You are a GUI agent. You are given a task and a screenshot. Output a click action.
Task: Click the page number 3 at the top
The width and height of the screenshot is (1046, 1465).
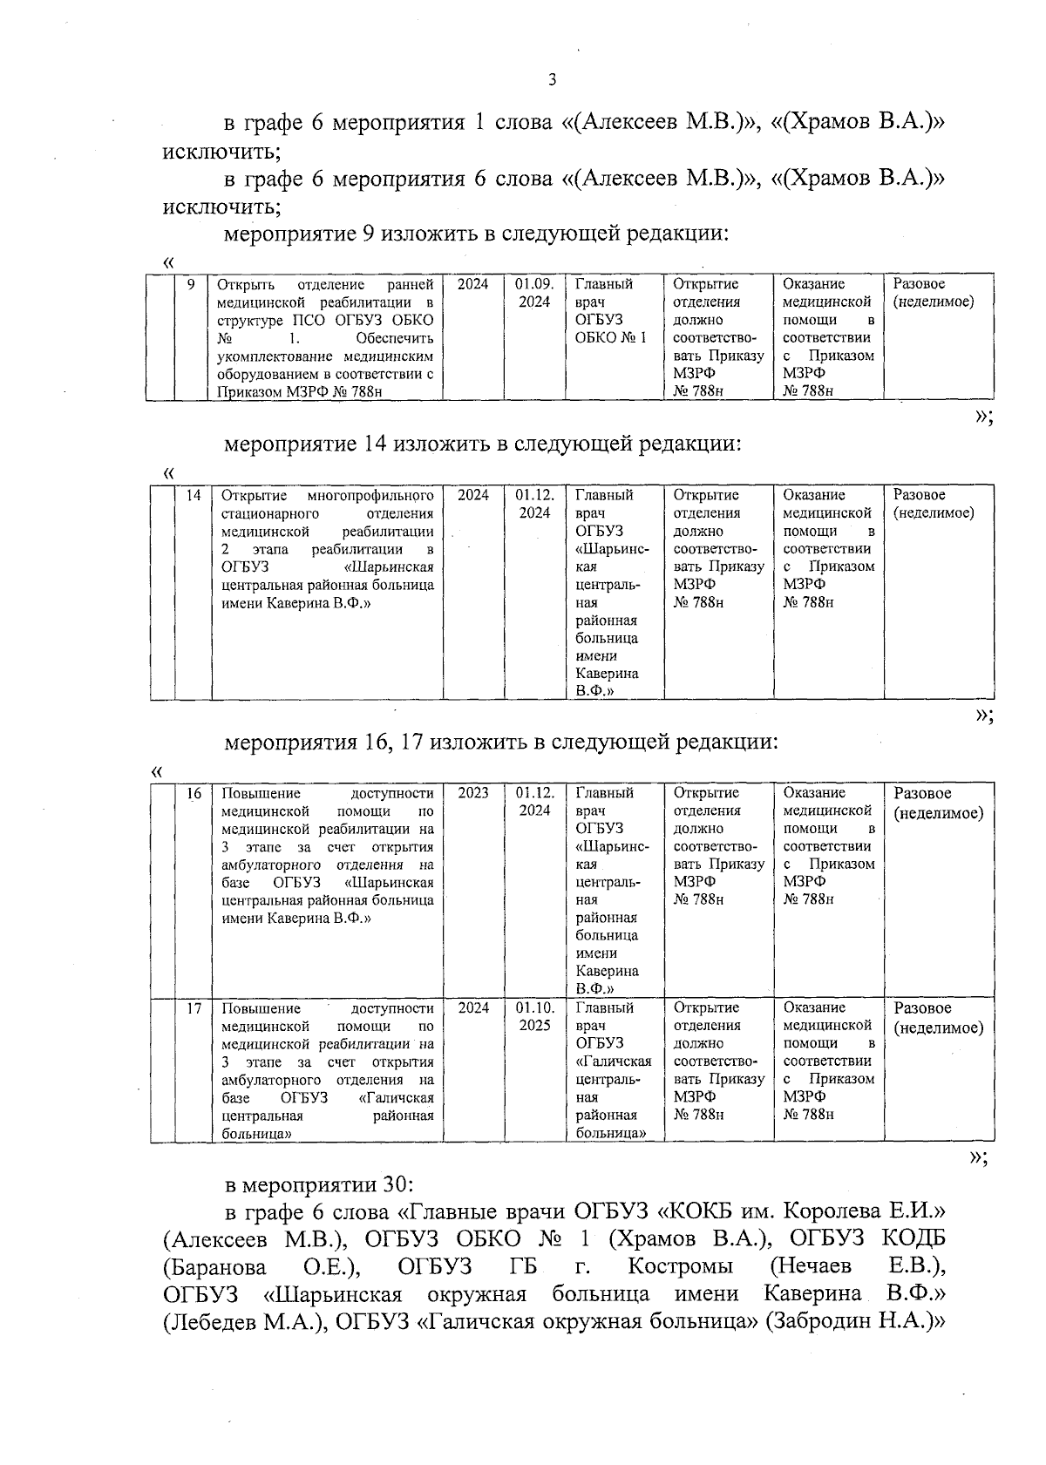[x=551, y=81]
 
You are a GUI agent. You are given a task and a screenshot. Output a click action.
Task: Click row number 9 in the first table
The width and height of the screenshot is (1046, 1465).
[x=191, y=284]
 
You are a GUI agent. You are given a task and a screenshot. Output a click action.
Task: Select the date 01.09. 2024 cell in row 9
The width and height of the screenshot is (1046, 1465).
[x=533, y=293]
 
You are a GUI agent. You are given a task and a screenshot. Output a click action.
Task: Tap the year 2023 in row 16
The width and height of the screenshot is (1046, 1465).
[x=473, y=793]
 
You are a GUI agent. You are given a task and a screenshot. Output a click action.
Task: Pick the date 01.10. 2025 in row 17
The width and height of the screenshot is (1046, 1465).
[x=534, y=1016]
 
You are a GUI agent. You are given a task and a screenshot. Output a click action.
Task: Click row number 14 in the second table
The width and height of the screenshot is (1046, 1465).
[x=193, y=495]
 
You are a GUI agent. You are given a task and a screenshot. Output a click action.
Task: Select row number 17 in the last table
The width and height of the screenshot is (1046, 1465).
[x=194, y=1007]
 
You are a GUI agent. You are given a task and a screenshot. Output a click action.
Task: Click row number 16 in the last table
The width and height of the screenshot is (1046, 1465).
[x=194, y=793]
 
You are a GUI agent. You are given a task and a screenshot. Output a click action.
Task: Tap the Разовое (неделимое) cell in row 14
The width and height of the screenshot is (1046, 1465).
[x=934, y=504]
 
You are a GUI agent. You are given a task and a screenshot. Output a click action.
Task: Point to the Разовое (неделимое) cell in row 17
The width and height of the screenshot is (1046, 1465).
[x=938, y=1017]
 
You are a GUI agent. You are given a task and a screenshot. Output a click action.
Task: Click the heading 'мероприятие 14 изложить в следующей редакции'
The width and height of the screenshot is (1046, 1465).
[x=483, y=444]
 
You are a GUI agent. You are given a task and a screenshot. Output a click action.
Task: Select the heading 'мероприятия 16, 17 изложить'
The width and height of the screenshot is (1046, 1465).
[x=500, y=743]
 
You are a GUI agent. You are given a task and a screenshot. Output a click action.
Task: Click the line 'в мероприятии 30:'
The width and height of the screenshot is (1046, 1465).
[x=318, y=1185]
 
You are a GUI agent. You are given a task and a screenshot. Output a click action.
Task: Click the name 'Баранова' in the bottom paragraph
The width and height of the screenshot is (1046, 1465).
[x=214, y=1266]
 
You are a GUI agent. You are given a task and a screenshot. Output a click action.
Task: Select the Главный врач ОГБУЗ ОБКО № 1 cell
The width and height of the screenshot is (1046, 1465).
[x=611, y=310]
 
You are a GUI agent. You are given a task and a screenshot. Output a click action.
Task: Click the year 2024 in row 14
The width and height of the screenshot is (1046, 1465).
[x=473, y=495]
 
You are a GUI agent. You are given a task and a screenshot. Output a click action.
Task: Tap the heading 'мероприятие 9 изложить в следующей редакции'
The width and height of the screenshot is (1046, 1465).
[x=476, y=234]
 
